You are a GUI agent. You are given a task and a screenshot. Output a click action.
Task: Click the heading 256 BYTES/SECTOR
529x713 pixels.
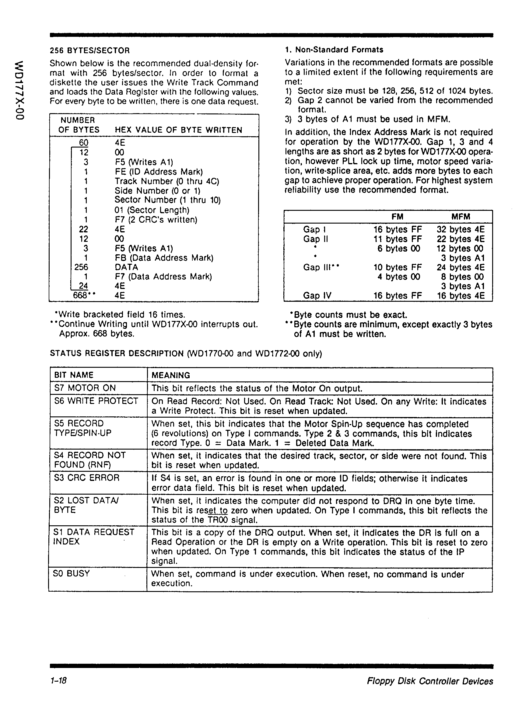click(x=90, y=50)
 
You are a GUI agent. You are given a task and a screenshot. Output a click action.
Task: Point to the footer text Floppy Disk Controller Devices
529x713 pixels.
click(x=430, y=681)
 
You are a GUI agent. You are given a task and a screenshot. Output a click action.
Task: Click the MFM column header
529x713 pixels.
click(x=461, y=217)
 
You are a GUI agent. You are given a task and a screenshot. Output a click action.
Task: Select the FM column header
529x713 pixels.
click(x=397, y=217)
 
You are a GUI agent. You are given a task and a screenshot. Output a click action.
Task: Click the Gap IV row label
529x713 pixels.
click(x=317, y=295)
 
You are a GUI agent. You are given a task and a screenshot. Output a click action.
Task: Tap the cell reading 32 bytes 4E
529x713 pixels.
click(x=461, y=229)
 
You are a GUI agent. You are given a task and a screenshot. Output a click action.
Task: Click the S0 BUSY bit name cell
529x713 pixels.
click(x=72, y=573)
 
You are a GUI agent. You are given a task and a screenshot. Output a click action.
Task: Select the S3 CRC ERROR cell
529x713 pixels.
click(x=87, y=478)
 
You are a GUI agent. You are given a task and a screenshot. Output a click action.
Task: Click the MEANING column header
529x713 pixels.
click(x=171, y=375)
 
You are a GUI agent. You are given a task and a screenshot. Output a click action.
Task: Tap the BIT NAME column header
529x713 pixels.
click(x=74, y=375)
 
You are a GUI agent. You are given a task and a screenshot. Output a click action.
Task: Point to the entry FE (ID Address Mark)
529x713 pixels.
click(x=159, y=172)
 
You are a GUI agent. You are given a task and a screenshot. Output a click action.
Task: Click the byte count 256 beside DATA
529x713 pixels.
click(x=81, y=267)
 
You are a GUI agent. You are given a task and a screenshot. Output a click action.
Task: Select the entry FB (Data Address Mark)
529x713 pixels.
click(x=164, y=258)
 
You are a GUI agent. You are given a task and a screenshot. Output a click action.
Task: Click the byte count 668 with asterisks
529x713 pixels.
click(x=84, y=295)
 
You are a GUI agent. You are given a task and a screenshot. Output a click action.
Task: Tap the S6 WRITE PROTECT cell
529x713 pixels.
click(x=96, y=401)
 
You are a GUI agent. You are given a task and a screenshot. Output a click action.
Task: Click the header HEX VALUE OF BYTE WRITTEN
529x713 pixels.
click(x=178, y=130)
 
